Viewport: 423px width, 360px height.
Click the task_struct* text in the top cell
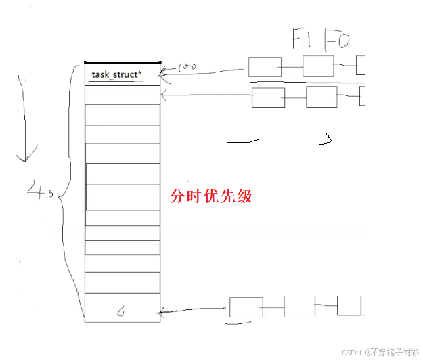point(116,74)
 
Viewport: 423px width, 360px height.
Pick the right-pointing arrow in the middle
point(279,141)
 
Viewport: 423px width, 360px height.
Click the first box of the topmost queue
point(265,66)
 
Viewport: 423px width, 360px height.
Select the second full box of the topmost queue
point(318,66)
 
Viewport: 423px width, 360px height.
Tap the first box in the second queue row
point(268,97)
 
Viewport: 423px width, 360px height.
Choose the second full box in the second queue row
point(321,97)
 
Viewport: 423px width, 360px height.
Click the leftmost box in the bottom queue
point(246,307)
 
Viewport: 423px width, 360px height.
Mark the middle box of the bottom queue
point(300,307)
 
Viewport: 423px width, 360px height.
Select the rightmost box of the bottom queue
point(349,306)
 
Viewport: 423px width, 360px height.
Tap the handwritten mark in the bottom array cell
point(120,312)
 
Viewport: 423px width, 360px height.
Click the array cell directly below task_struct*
point(123,95)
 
